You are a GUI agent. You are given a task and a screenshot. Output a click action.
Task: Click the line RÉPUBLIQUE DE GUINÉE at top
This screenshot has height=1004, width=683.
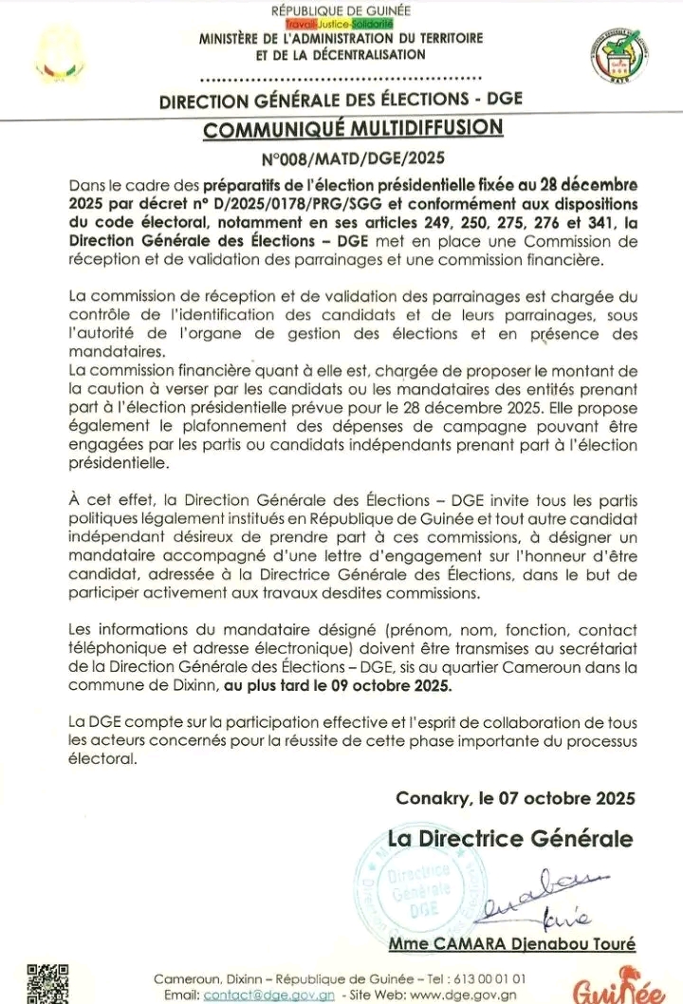(x=341, y=9)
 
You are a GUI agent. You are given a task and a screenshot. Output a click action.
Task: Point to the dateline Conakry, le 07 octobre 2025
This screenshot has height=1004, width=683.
(x=514, y=798)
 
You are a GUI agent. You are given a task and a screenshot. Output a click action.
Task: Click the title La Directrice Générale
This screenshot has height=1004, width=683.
(x=510, y=839)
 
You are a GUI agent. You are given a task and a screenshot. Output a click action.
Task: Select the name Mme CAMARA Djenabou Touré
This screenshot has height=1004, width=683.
(x=512, y=943)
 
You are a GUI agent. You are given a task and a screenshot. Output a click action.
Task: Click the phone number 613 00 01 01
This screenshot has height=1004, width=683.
(x=492, y=977)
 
